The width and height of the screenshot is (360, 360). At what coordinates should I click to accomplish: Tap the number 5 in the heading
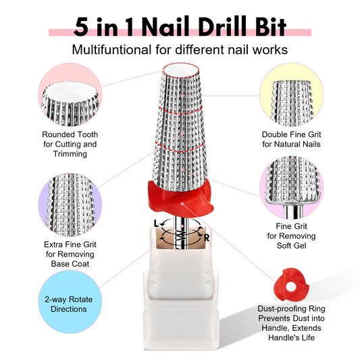pos(81,27)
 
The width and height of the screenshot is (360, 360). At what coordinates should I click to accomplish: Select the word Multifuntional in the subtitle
pos(111,49)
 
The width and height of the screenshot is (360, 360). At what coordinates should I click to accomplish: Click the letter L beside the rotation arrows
pos(156,223)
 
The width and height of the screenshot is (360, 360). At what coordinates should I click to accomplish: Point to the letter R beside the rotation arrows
pos(207,238)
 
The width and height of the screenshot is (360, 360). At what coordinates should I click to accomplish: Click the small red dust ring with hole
pos(291,284)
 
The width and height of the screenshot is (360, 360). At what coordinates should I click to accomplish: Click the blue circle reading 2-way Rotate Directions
pos(70,302)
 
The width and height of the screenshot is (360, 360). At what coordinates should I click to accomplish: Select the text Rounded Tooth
pos(70,134)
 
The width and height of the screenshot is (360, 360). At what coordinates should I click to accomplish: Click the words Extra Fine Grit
pos(70,245)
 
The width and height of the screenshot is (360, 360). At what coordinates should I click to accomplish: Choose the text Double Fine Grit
pos(291,134)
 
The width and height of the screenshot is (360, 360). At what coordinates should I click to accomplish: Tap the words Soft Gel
pos(291,246)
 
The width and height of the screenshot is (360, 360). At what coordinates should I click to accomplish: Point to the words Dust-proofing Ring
pos(291,309)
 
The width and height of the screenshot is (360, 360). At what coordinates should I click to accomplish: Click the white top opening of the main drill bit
pos(180,70)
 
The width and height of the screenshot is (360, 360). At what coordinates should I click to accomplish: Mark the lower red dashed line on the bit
pos(180,150)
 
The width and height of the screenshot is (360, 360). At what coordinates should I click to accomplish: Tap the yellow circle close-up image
pos(291,95)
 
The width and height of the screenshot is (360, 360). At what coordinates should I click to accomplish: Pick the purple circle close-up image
pos(70,205)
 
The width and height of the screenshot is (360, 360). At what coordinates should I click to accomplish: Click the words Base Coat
pos(70,264)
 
